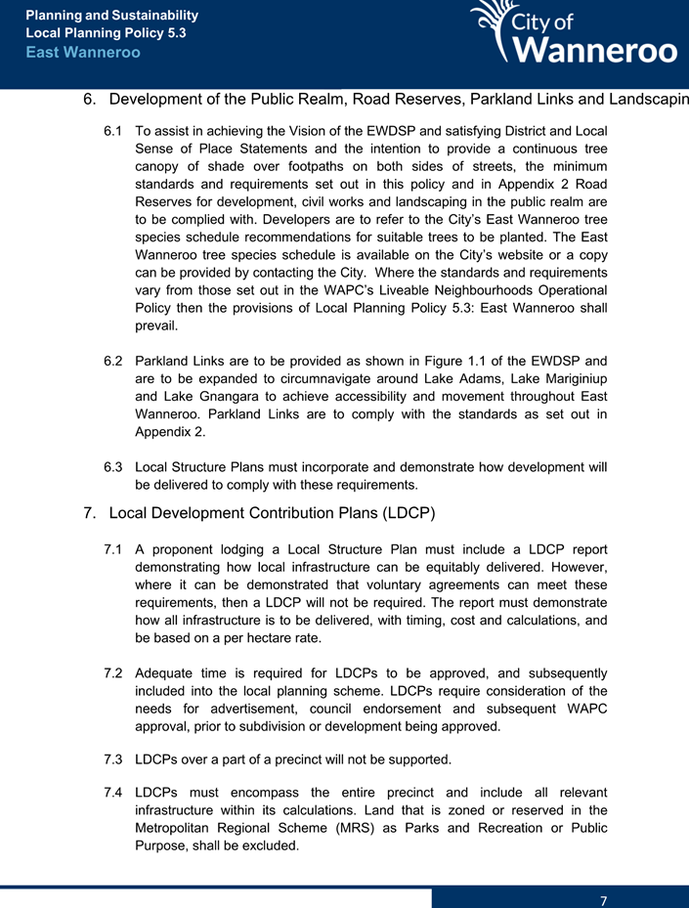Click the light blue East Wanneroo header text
[x=83, y=52]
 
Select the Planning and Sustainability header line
[x=112, y=16]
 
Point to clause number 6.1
[x=114, y=130]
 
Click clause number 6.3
[x=114, y=466]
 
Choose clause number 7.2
[x=114, y=673]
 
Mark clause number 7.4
[x=114, y=791]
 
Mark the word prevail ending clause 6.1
[x=155, y=327]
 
